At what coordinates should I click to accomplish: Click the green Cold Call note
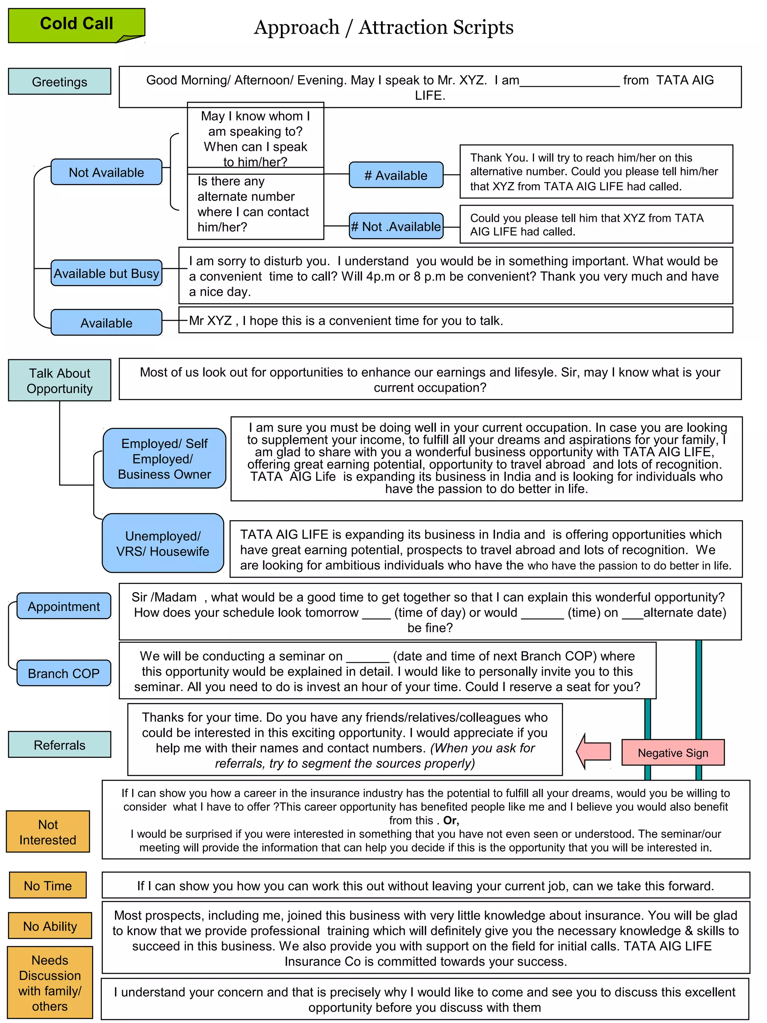point(76,25)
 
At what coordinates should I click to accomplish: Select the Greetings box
point(59,81)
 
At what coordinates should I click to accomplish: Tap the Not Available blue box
point(106,172)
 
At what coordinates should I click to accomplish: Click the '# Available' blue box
point(396,175)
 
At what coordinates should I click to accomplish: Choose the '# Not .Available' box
point(396,226)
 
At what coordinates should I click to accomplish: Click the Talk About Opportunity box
point(59,380)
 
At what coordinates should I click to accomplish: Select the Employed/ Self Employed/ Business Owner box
point(164,458)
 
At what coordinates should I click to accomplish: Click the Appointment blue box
point(64,606)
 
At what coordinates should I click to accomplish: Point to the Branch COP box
point(64,674)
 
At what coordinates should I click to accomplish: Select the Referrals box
point(59,745)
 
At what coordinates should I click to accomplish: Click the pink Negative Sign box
point(673,753)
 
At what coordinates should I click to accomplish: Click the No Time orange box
point(48,886)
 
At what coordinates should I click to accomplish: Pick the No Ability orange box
point(50,926)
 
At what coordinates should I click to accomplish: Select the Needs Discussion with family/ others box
point(50,983)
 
